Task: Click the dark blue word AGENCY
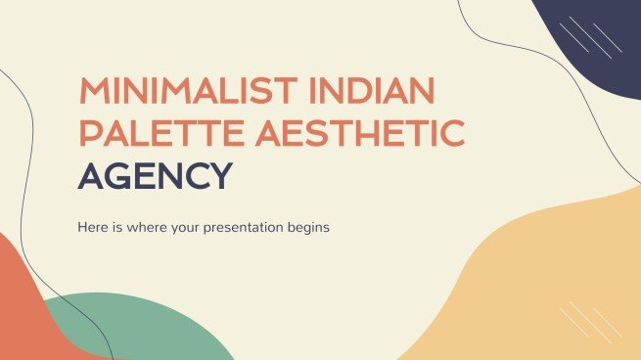coord(156,176)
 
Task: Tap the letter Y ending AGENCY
coord(221,176)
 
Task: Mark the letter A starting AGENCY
coord(90,176)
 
